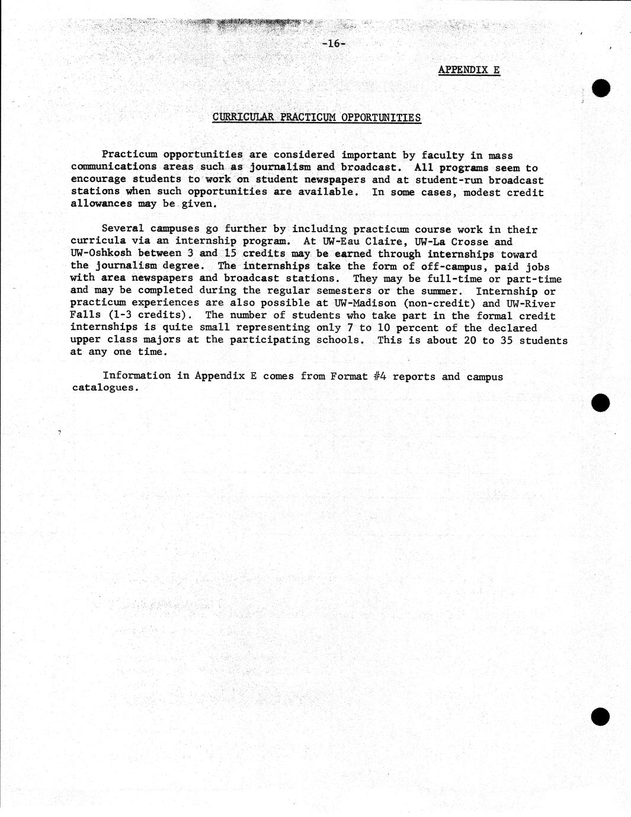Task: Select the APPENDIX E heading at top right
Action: click(469, 70)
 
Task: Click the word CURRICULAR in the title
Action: click(243, 117)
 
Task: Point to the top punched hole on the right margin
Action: click(601, 88)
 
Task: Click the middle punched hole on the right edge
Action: click(601, 402)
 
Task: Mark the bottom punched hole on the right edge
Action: click(600, 716)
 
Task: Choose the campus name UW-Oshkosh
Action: click(101, 253)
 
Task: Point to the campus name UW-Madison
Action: click(365, 303)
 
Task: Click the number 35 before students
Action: click(507, 340)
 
